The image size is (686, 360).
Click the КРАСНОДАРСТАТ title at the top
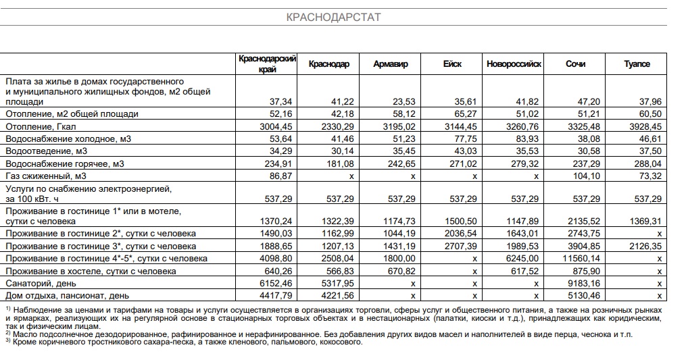click(x=334, y=17)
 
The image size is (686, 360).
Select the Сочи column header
click(x=575, y=64)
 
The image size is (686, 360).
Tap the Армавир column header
click(x=391, y=64)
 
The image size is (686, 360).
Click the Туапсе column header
click(x=637, y=64)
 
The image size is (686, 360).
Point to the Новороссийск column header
click(x=514, y=64)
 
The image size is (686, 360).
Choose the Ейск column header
click(x=452, y=64)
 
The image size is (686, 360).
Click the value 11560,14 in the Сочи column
click(x=581, y=259)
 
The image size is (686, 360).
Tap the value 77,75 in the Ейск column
click(x=464, y=138)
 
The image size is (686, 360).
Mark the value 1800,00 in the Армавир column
click(x=399, y=259)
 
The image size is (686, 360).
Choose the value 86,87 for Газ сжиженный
click(x=279, y=175)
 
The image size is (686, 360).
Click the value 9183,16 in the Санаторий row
click(x=583, y=283)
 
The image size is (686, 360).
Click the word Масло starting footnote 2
click(x=25, y=334)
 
